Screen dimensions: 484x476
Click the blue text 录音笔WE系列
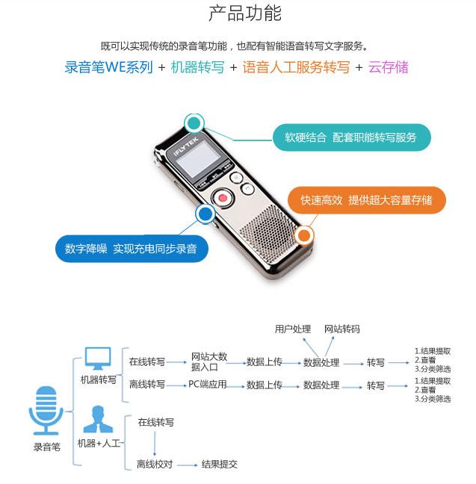[x=108, y=67]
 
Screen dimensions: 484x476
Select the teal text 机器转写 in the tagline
[x=197, y=67]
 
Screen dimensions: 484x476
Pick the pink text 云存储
[x=389, y=67]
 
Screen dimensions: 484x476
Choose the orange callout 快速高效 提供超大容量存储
[x=366, y=200]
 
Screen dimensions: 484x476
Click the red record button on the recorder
[x=222, y=198]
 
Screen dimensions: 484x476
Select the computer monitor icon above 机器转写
[x=98, y=358]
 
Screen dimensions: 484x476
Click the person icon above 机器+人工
[x=98, y=419]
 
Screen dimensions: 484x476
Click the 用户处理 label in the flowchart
[x=293, y=329]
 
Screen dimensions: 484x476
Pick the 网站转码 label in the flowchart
[x=341, y=329]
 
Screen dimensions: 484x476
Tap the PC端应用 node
[x=207, y=385]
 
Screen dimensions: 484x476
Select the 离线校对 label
[x=155, y=464]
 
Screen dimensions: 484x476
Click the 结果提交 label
[x=220, y=464]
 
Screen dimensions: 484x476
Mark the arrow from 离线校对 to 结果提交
[x=187, y=464]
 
